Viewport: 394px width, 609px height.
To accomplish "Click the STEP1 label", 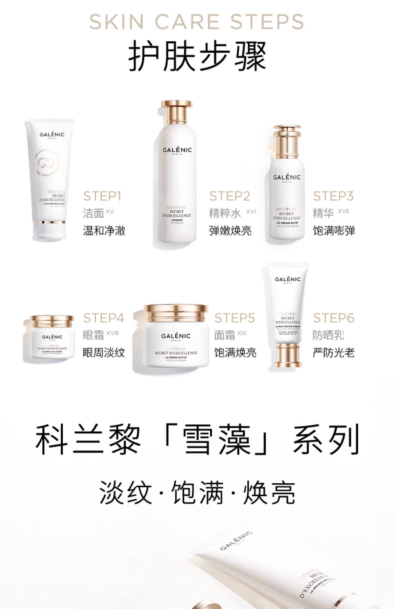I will click(x=102, y=196).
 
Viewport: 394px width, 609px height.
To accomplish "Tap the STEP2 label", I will click(x=230, y=196).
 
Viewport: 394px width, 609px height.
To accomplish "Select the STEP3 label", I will click(x=333, y=196).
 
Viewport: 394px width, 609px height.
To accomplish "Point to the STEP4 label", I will click(x=103, y=318).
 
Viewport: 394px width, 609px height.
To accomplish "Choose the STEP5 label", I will click(x=235, y=318).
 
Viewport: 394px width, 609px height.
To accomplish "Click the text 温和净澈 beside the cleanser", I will click(x=104, y=231).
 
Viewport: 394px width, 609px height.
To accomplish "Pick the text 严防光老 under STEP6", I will click(x=334, y=352).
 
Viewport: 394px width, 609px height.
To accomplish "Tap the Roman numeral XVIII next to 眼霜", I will click(x=112, y=333).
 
